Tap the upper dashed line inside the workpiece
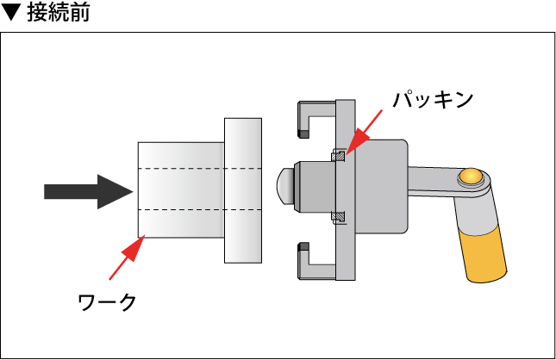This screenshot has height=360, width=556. point(198,166)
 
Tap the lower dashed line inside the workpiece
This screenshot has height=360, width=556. point(198,209)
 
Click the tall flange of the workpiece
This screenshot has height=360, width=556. point(243,190)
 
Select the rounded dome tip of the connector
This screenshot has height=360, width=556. point(282,184)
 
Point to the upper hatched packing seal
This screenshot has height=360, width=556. point(340,156)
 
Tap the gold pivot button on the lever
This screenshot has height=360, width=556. point(470,177)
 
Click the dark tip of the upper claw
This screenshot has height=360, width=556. point(303,133)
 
